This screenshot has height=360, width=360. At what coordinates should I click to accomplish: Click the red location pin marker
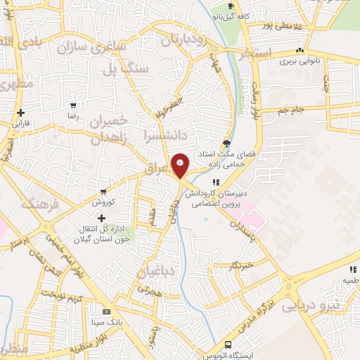[181, 165]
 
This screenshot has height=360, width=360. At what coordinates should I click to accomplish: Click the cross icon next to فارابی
[21, 112]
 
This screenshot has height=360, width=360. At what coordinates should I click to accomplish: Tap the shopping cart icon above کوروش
[104, 191]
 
